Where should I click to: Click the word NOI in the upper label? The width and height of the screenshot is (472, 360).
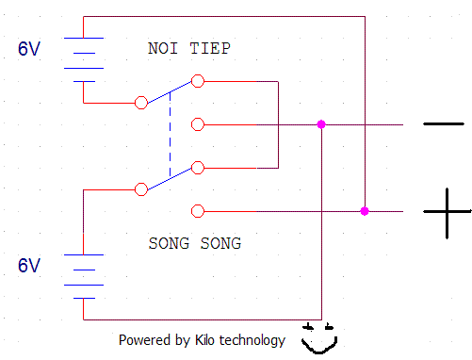point(163,48)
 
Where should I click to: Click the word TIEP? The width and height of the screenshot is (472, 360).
point(210,48)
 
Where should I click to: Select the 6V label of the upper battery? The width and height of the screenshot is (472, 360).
point(29,49)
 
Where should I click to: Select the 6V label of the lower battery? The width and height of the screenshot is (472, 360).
point(29,266)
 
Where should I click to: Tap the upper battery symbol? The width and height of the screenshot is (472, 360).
point(84,59)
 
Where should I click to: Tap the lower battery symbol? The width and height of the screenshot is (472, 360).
point(84,276)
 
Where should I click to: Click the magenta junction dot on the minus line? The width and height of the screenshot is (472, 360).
point(321,124)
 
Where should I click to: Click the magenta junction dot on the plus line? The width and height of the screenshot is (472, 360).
point(365,211)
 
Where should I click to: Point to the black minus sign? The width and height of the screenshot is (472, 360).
point(444,124)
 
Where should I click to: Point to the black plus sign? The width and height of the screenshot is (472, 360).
point(447,212)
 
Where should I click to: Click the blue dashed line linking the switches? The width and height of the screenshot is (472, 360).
point(171,134)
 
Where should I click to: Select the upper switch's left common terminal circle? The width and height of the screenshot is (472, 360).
point(141,103)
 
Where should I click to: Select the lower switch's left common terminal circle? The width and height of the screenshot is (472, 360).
point(141,189)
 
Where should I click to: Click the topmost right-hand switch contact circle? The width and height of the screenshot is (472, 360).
point(198,81)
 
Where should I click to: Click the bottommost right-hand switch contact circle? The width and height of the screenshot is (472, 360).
point(198,211)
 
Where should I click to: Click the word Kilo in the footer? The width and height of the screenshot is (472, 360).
point(204,340)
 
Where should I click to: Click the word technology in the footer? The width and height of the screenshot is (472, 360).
point(252,341)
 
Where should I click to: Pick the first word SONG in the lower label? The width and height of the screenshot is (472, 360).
point(169,243)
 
